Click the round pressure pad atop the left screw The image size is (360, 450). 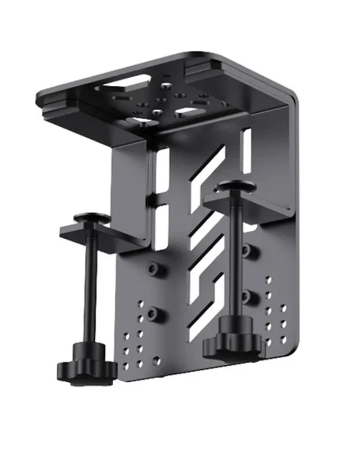92,218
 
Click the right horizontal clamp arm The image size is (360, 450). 249,204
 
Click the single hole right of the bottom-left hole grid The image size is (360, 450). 156,360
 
